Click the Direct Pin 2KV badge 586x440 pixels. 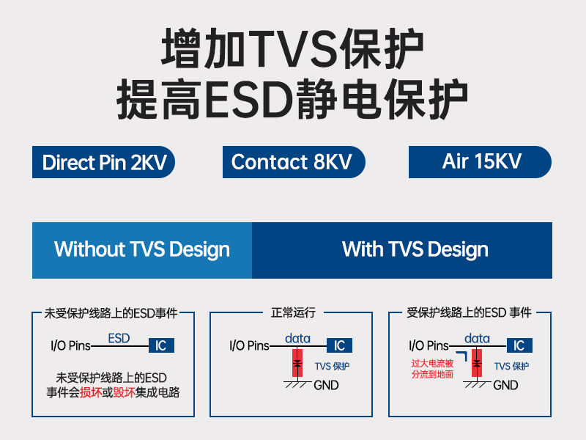click(x=103, y=162)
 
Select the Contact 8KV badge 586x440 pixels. click(x=293, y=162)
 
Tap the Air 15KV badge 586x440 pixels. click(x=480, y=162)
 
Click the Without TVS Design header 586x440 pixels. click(x=142, y=250)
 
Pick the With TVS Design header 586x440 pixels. click(x=415, y=250)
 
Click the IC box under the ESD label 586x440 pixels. click(x=161, y=345)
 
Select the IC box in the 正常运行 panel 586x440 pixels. click(x=339, y=345)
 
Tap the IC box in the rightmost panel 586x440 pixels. click(x=519, y=345)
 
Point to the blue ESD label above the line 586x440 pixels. click(x=119, y=338)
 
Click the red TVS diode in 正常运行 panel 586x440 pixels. click(x=297, y=364)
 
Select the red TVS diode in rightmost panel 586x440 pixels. click(x=477, y=364)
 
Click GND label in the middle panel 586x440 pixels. click(x=326, y=385)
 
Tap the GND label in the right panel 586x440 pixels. click(x=505, y=385)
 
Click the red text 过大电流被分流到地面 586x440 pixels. click(x=432, y=369)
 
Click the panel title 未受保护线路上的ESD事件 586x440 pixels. click(x=111, y=313)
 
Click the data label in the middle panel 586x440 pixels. click(x=297, y=338)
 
